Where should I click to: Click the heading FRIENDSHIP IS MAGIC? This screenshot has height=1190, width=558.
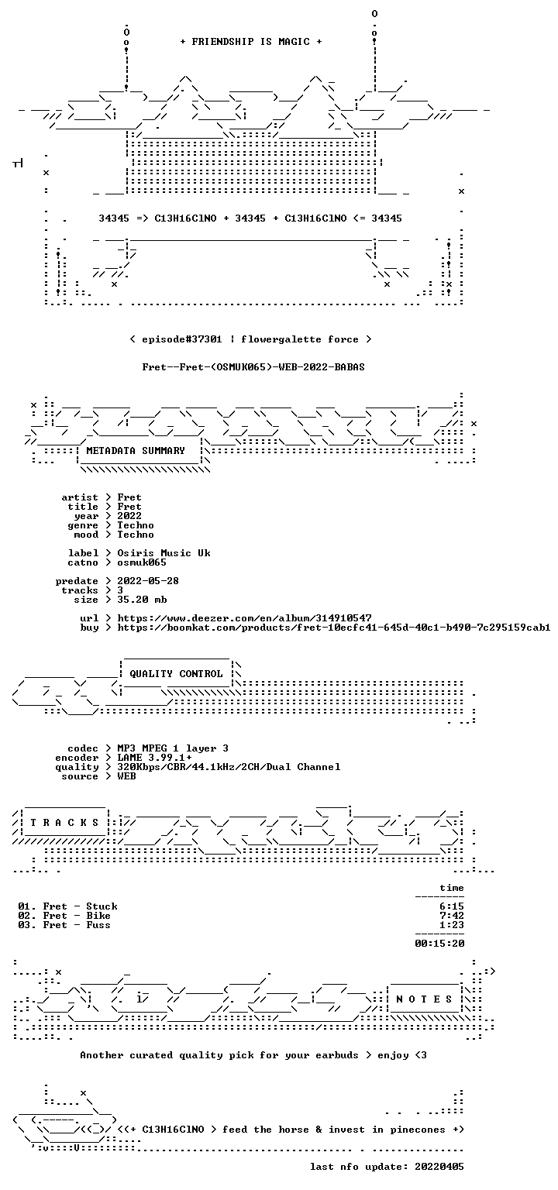pos(251,41)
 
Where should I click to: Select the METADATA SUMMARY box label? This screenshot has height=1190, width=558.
pos(136,450)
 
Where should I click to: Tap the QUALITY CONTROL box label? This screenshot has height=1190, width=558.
pos(176,673)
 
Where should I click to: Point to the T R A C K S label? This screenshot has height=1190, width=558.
pos(64,823)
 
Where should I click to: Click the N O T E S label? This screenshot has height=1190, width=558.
pos(424,999)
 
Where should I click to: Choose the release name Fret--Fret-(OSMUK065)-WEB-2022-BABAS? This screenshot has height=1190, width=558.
pos(253,367)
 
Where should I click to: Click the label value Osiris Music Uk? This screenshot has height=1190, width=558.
pos(164,553)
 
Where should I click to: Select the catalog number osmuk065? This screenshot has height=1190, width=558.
pos(142,562)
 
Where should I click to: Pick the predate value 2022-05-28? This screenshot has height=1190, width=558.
pos(148,581)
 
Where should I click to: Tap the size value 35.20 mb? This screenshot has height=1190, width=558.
pos(142,600)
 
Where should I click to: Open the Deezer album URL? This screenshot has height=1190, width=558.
pos(244,618)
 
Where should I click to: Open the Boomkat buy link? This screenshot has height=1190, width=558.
pos(334,628)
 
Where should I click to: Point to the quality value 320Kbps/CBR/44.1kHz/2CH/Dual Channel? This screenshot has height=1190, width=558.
pos(229,767)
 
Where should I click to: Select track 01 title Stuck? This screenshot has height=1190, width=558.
pos(102,906)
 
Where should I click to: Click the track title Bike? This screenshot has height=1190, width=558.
pos(98,915)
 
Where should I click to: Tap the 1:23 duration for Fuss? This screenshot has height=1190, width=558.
pos(452,925)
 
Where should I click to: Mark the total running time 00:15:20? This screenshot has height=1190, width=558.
pos(439,944)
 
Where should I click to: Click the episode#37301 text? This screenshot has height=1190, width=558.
pos(182,339)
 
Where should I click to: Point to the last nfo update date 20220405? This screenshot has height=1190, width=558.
pos(439,1167)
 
